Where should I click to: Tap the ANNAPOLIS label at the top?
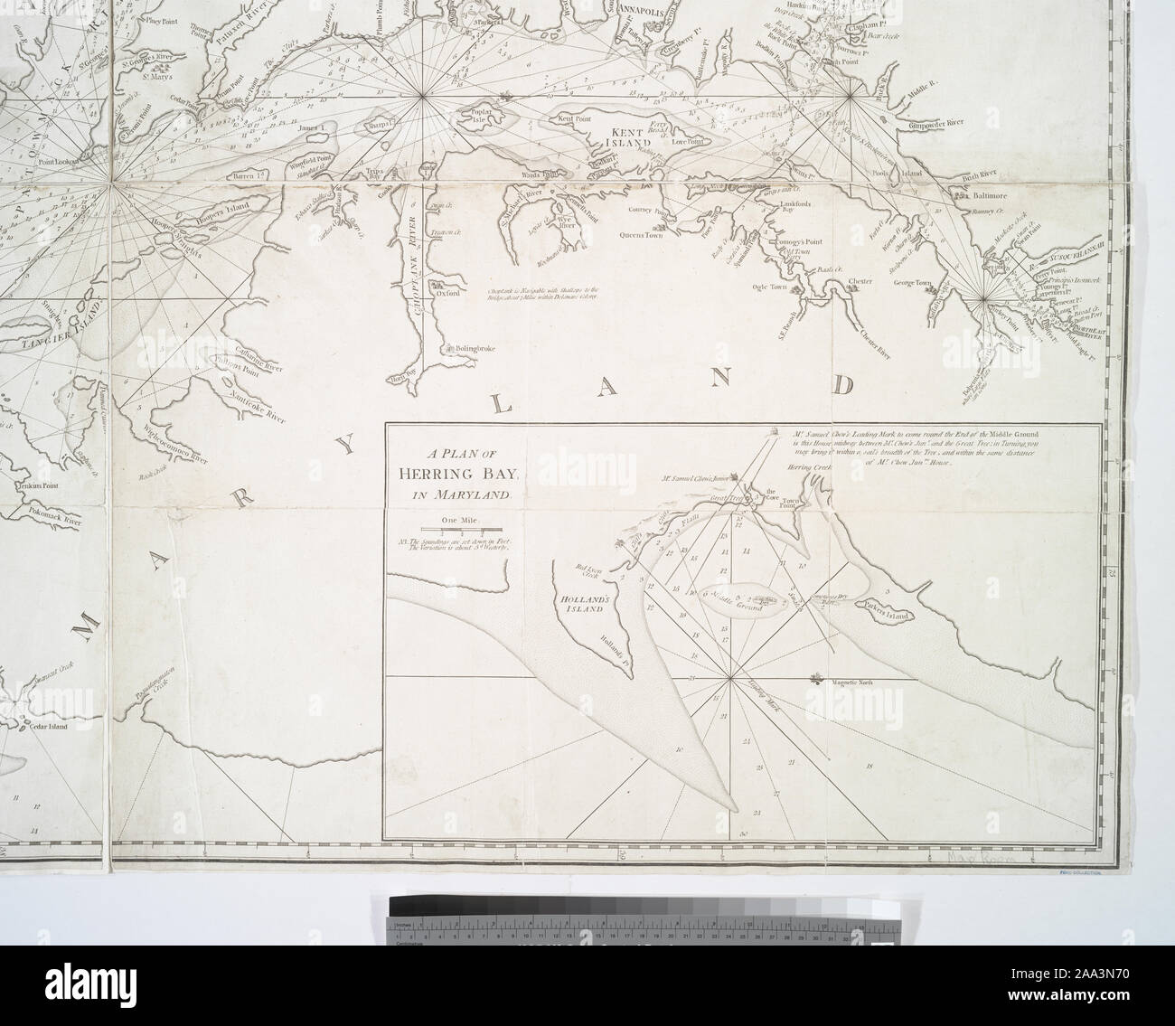(x=643, y=13)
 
